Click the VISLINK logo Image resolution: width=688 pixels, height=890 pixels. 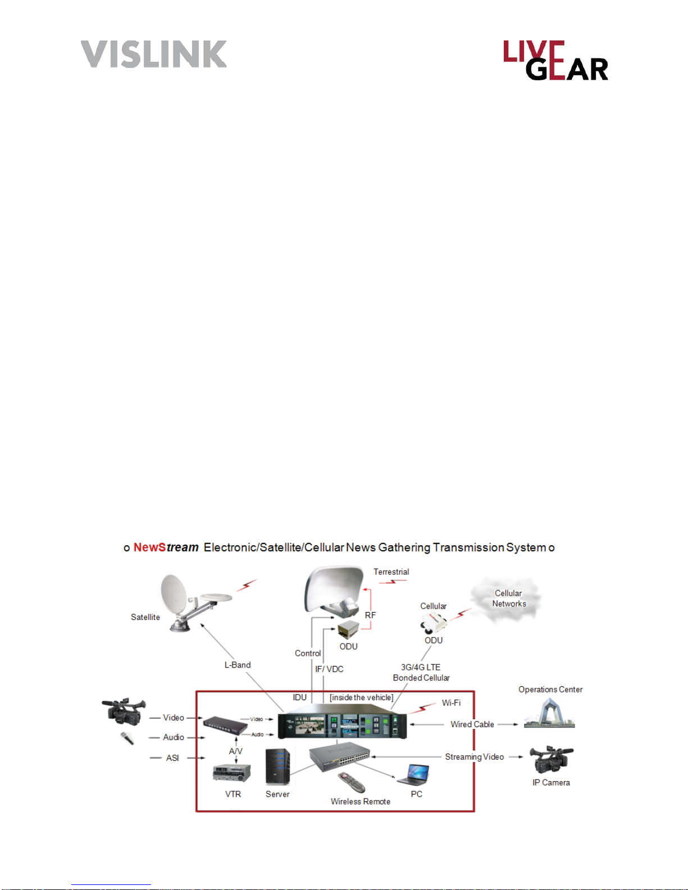point(153,54)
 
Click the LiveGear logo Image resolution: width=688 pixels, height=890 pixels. point(555,60)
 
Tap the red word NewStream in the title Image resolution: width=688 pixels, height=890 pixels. point(166,547)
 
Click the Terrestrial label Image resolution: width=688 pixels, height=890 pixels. point(391,572)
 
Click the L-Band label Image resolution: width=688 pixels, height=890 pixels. point(238,665)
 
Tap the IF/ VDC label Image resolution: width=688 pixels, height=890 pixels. point(329,669)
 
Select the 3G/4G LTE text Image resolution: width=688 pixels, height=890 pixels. point(421,667)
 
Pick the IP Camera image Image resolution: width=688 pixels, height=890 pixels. point(550,760)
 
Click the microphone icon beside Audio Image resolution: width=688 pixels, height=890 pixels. point(127,738)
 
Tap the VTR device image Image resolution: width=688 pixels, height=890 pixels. point(231,773)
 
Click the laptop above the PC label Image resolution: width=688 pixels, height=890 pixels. point(414,775)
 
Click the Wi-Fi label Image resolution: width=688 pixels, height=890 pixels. point(451,702)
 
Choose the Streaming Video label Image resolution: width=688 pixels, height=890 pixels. point(474,757)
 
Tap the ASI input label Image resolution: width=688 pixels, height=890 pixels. point(172,758)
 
